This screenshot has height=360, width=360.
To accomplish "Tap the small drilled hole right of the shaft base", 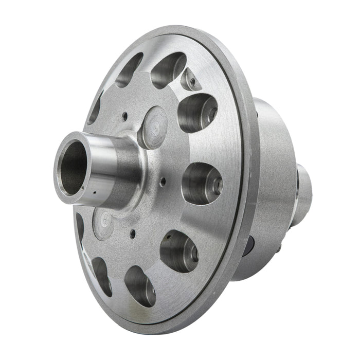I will point(163,181).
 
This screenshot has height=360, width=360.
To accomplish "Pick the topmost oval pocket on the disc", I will point(168,68).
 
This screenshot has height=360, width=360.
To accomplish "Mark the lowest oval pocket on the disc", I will point(139,286).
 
